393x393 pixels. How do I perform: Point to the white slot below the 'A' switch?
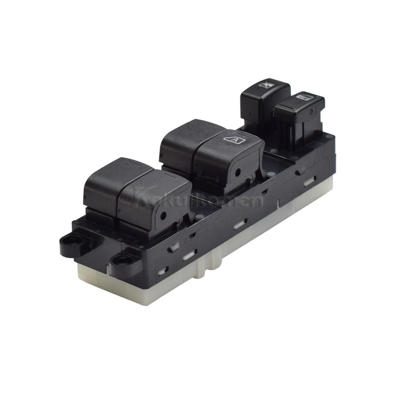pos(239,225)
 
